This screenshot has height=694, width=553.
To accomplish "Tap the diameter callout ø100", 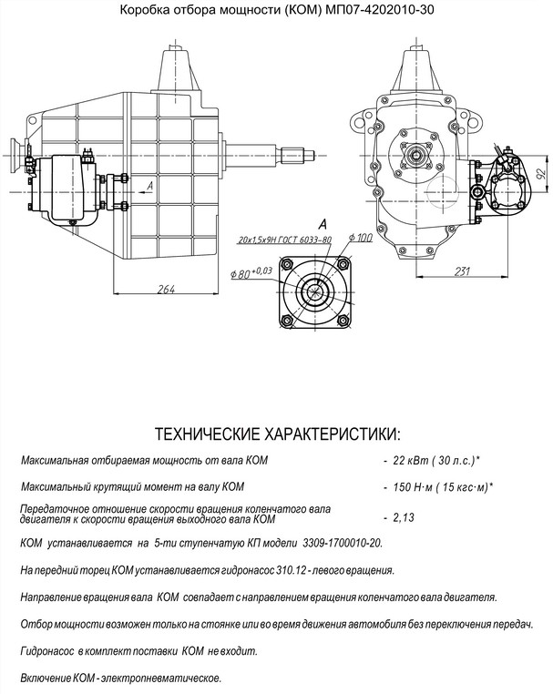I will click(x=362, y=239).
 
